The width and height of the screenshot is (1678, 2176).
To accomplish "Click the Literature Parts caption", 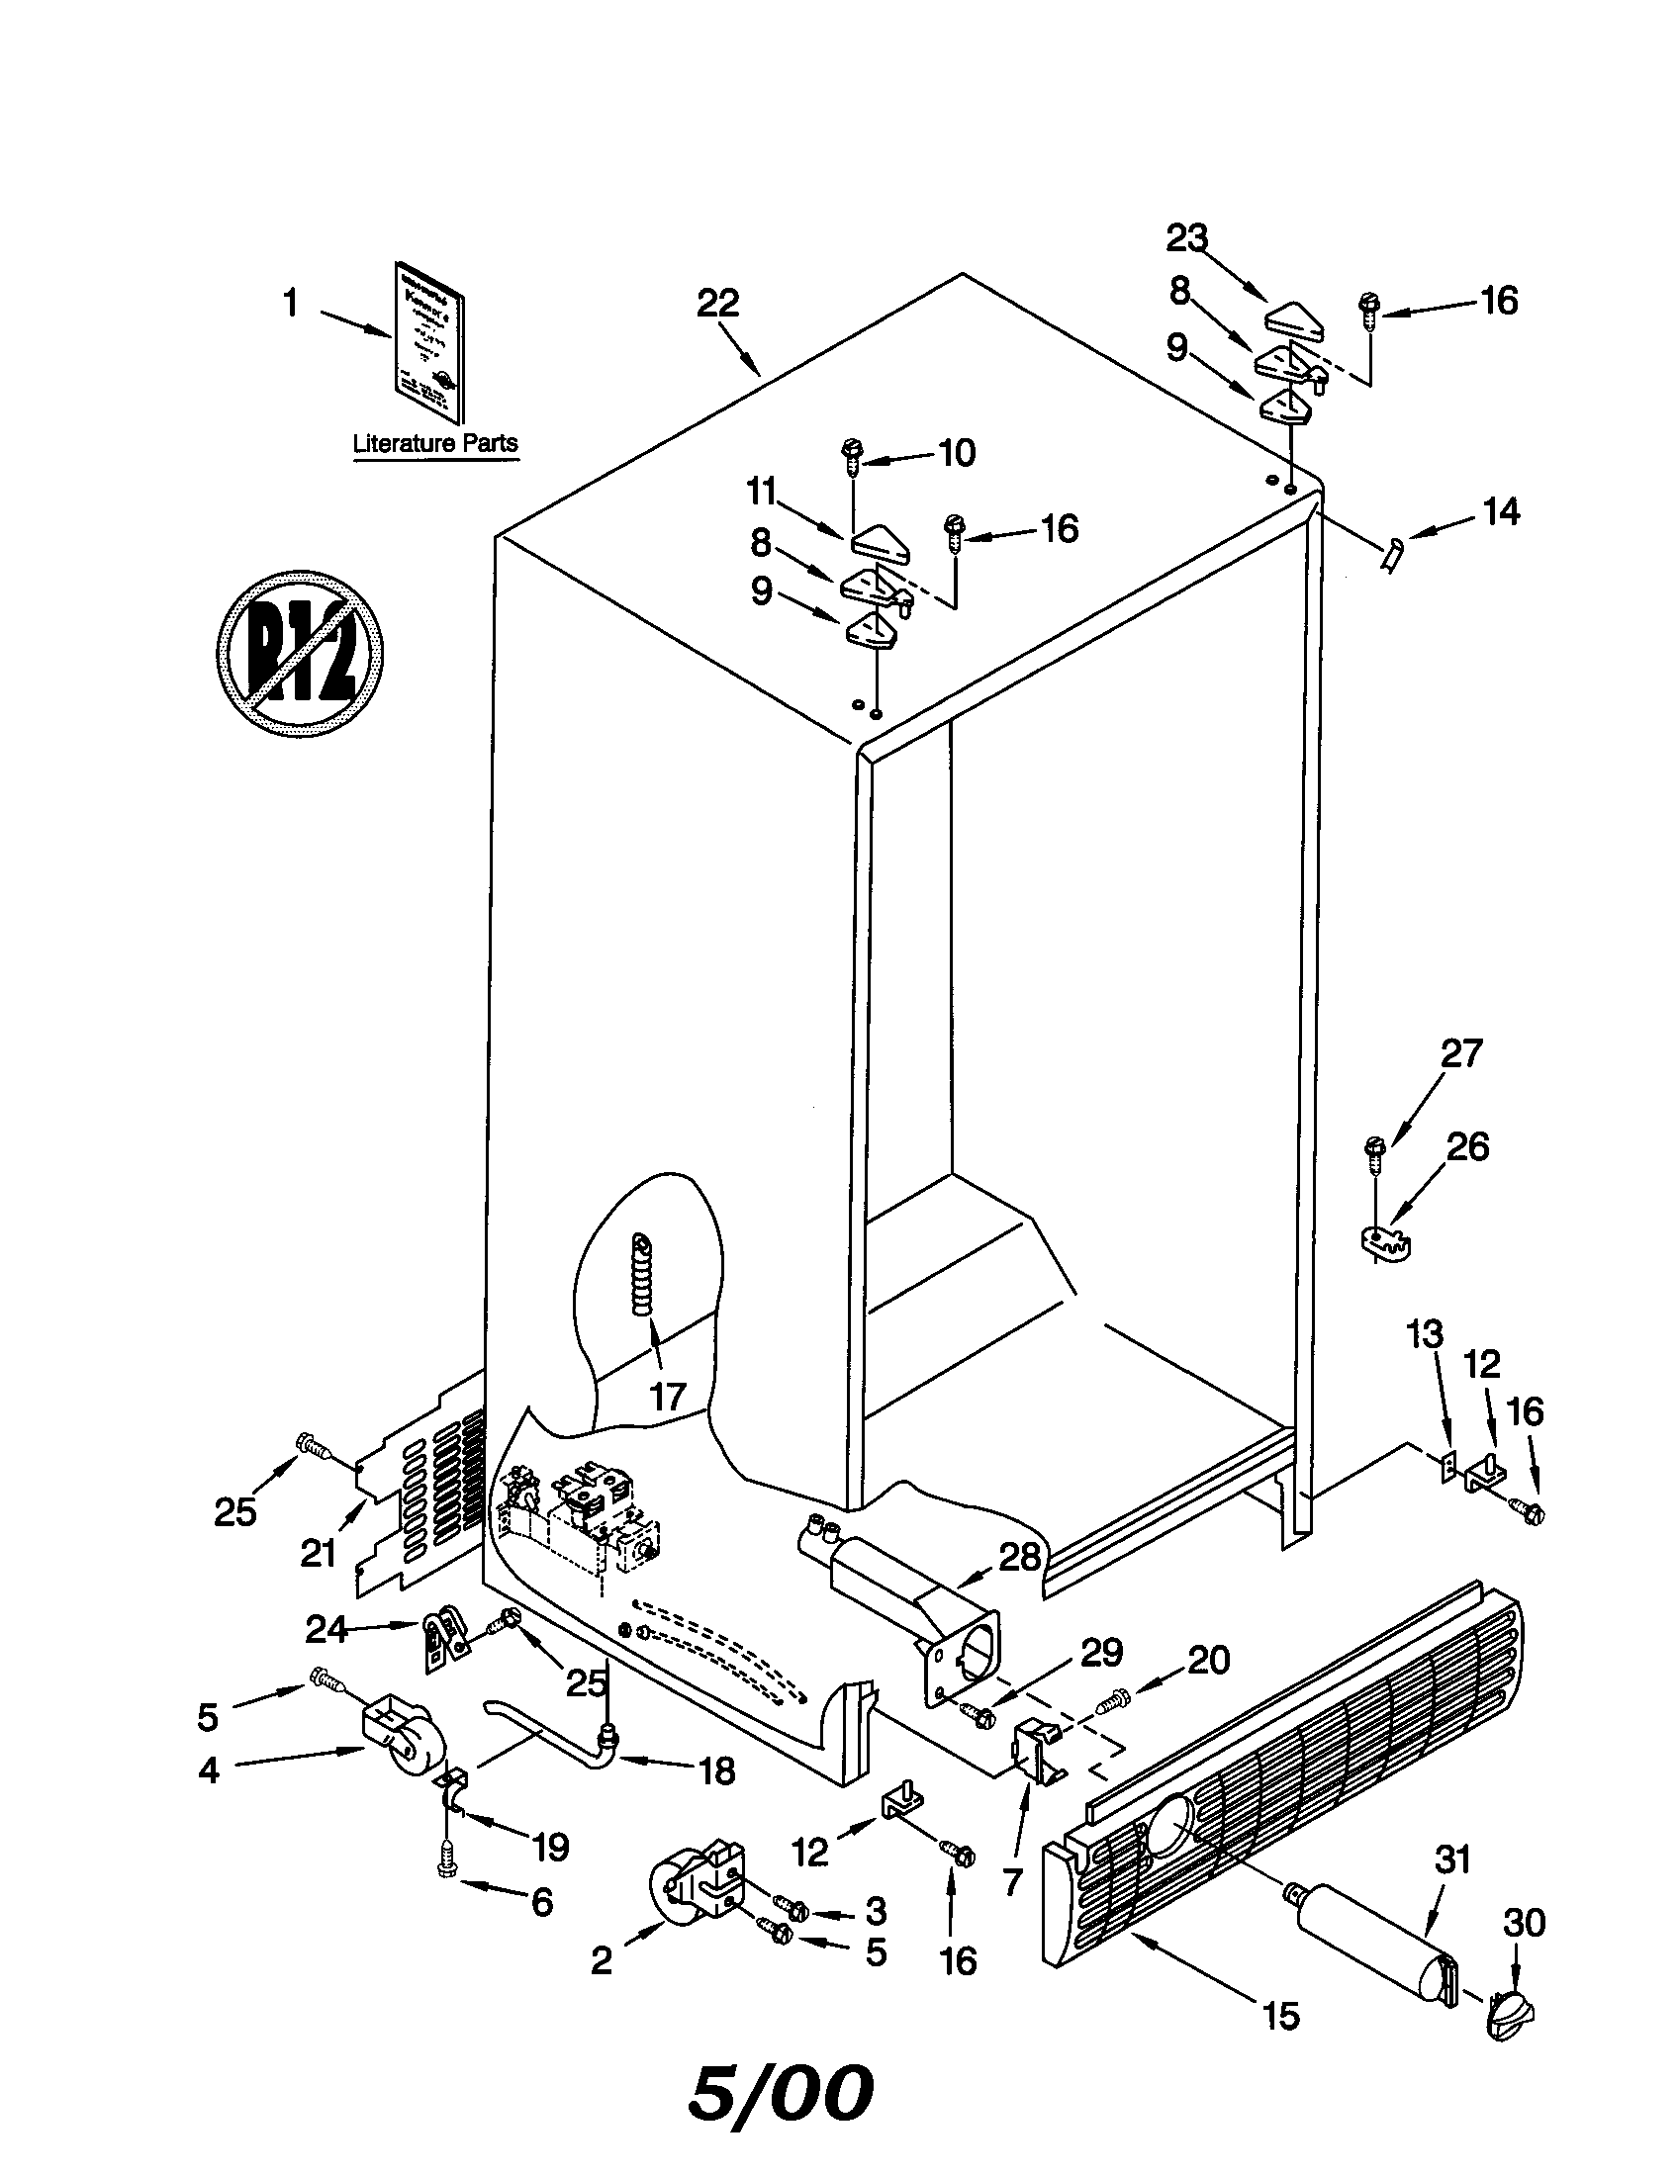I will pos(435,443).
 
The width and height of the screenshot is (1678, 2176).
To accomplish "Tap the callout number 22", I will pos(717,303).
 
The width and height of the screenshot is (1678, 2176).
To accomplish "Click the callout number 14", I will pos(1501,512).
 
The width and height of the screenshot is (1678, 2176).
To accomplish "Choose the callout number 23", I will pos(1186,238).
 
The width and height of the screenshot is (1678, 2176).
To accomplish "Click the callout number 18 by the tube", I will pos(716,1770).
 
